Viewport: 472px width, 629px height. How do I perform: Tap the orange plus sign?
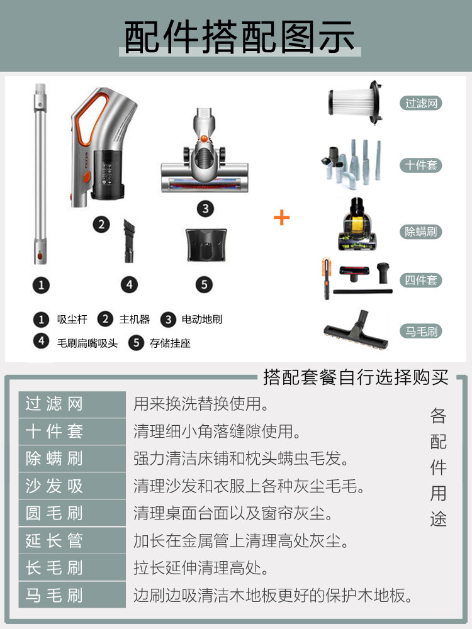tap(281, 218)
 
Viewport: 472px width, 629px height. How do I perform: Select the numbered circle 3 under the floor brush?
tap(205, 209)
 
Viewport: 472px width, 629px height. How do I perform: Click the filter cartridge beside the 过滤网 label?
tap(355, 101)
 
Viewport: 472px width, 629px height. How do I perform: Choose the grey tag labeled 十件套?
tap(420, 165)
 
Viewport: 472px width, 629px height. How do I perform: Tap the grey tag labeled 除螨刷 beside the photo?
tap(420, 231)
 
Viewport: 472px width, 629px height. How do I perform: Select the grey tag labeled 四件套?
tap(420, 281)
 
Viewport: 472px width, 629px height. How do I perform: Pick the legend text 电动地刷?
tap(201, 320)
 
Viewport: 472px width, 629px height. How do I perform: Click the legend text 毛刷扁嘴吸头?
tap(87, 343)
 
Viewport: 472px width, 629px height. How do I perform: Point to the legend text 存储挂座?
tap(170, 343)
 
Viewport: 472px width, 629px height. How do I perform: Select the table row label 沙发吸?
tap(54, 486)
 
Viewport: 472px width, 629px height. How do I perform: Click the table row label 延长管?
tap(54, 541)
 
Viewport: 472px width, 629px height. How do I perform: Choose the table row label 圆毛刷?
tap(54, 513)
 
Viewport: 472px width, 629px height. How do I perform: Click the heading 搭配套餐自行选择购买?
tap(356, 379)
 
